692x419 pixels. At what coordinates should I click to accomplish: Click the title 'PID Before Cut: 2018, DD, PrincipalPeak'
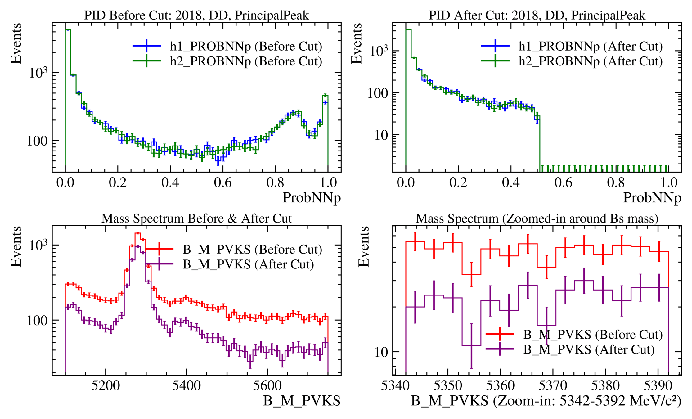pos(196,15)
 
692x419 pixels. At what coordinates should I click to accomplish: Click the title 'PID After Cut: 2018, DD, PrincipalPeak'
pos(537,15)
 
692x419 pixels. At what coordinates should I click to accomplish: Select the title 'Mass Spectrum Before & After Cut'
pos(196,219)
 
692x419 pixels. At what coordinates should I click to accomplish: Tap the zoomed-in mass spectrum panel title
pos(537,219)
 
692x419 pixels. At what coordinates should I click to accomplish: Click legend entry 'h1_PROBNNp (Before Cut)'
pos(246,46)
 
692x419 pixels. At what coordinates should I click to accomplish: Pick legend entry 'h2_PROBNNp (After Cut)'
pos(591,61)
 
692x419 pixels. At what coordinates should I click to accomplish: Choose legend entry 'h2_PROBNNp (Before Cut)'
pos(246,61)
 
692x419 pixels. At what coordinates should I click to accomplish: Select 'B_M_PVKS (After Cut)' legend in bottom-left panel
pos(248,264)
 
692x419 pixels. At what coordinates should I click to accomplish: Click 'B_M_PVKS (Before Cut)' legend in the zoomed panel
pos(593,335)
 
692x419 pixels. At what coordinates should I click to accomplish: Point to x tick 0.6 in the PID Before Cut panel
pos(223,182)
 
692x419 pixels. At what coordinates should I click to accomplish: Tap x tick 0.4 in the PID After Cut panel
pos(511,182)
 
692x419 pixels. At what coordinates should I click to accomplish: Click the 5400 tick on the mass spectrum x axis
pos(186,386)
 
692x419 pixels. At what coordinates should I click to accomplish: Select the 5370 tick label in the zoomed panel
pos(553,386)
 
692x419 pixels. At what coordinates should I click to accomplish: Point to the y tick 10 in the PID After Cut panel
pos(381,135)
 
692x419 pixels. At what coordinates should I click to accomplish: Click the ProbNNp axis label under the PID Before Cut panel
pos(311,198)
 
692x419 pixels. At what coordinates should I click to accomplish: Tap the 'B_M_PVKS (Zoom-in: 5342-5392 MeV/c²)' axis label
pos(546,401)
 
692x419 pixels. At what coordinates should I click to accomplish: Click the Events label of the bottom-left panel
pos(16,247)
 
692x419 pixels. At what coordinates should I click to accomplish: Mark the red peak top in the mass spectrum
pos(137,233)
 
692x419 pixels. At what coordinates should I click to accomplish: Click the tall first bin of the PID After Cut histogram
pos(408,30)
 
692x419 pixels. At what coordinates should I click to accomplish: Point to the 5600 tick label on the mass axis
pos(267,386)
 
